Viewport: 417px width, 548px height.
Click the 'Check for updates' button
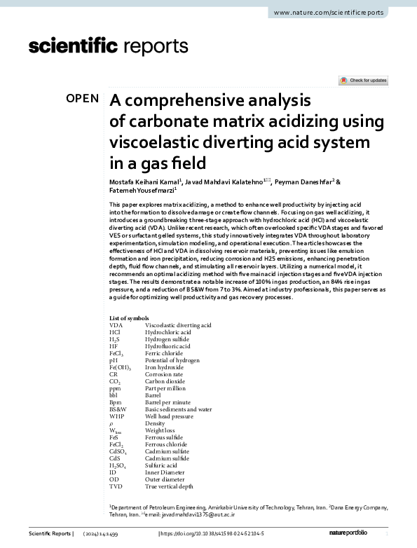(362, 81)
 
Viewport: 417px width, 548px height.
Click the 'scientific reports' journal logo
(109, 47)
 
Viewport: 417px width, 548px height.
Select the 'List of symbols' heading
(129, 318)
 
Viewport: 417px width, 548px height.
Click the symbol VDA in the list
(116, 326)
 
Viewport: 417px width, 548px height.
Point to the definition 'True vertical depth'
(169, 485)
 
